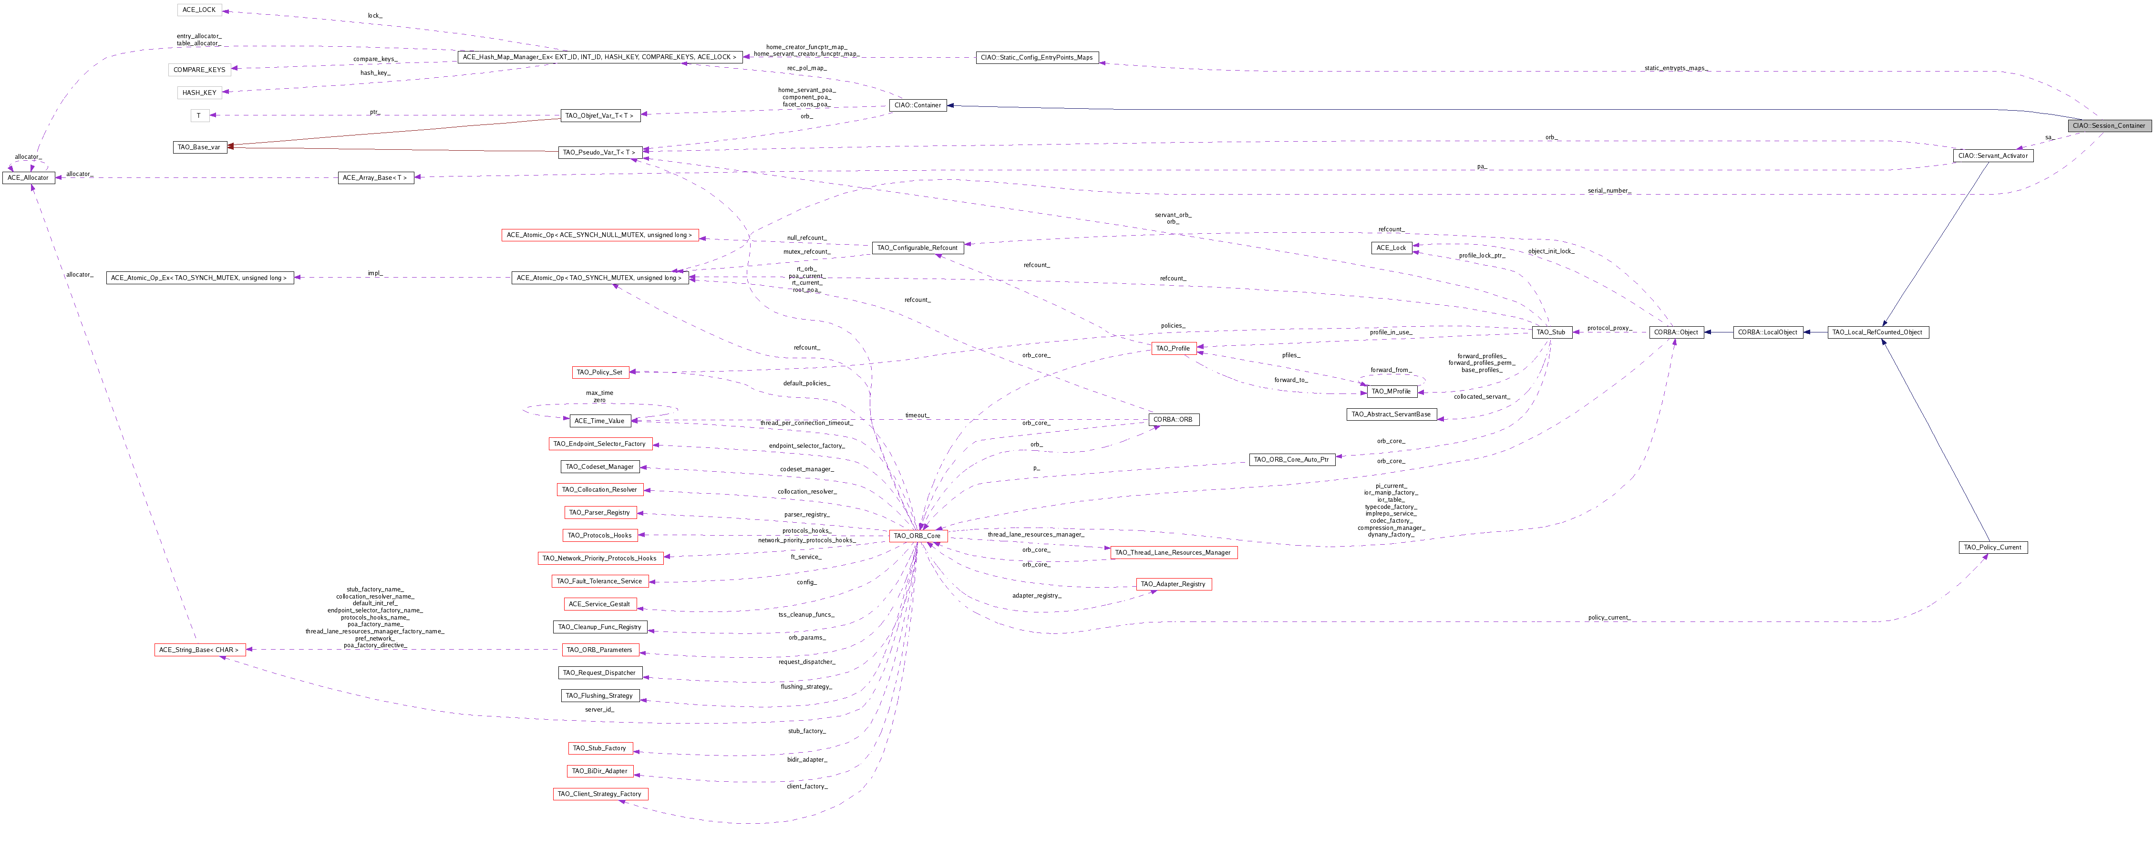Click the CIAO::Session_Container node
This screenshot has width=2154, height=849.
pos(2108,125)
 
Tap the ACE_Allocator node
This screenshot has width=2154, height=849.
pos(29,177)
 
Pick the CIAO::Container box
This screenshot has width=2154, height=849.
pos(917,105)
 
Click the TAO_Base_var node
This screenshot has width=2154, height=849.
pos(199,147)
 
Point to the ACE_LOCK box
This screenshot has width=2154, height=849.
pos(198,10)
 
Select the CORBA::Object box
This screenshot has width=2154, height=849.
pos(1676,332)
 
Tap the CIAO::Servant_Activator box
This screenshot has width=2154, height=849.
pos(1993,155)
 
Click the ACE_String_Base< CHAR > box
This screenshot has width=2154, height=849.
pos(199,650)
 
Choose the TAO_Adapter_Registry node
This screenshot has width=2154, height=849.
pos(1173,584)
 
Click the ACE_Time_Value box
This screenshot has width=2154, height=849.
pos(599,421)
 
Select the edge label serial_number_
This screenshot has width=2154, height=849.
pos(1609,191)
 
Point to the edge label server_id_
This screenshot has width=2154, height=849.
pos(599,709)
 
